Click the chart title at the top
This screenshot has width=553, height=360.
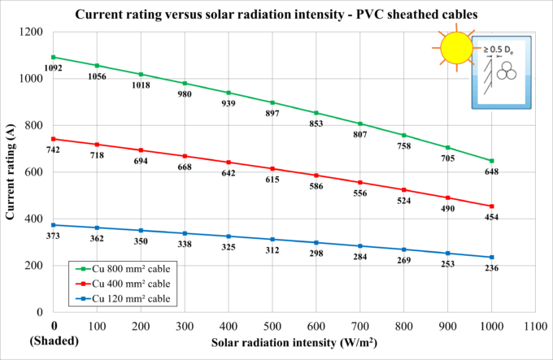coord(276,14)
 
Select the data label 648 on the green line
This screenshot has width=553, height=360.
coord(491,171)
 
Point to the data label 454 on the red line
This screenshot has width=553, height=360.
coord(491,217)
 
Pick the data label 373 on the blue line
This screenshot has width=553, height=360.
coord(53,236)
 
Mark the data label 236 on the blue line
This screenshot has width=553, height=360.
coord(491,268)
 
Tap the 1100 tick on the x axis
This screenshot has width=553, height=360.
coord(535,323)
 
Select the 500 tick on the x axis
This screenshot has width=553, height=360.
coord(272,323)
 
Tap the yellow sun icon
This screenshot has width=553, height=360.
coord(456,48)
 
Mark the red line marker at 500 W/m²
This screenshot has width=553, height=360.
coord(272,168)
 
